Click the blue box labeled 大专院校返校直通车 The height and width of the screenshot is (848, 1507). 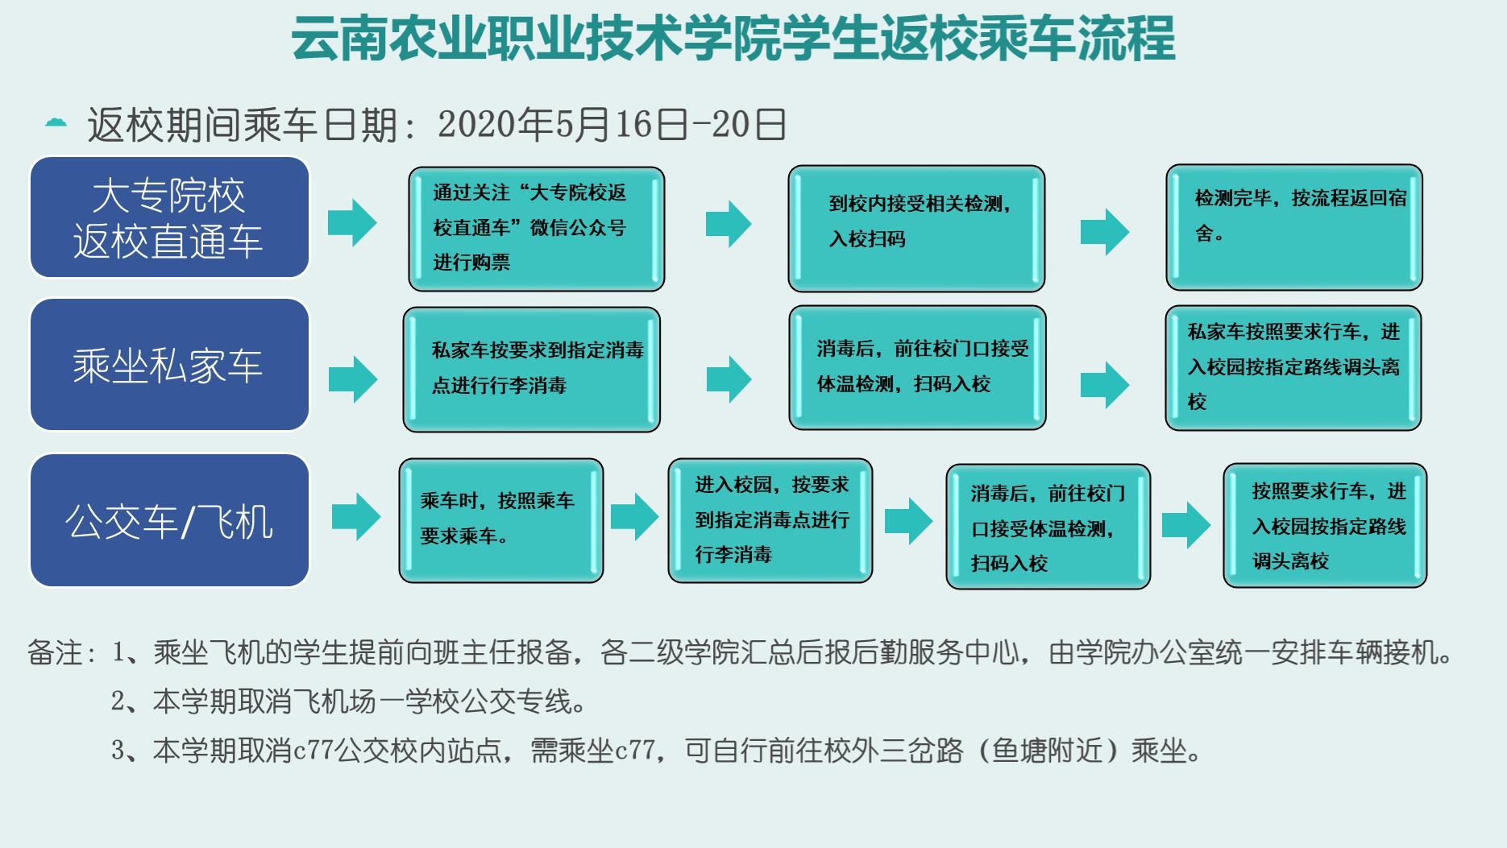tap(169, 217)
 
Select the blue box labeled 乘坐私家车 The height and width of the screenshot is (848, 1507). tap(169, 365)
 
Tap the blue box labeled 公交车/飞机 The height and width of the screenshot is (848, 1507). tap(169, 520)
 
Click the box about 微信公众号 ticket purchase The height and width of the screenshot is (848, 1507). tap(536, 229)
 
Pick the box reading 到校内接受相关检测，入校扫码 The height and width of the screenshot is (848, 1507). tap(916, 229)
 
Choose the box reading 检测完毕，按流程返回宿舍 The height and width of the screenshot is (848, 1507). tap(1294, 227)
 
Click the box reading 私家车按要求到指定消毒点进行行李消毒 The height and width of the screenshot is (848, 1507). tap(531, 370)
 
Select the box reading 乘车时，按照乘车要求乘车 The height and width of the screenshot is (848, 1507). tap(500, 520)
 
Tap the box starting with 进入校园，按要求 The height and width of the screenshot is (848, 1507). tap(770, 520)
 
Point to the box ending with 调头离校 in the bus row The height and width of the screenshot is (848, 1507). tap(1325, 525)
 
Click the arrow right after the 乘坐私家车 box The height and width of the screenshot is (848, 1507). tap(353, 378)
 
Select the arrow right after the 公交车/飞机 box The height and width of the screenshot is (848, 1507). tap(355, 517)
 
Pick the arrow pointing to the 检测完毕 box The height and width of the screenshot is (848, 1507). tap(1105, 232)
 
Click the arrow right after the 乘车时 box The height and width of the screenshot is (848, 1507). tap(634, 517)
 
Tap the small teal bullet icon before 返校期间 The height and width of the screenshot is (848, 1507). tap(56, 123)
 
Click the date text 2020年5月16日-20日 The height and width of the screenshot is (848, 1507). tap(612, 125)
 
